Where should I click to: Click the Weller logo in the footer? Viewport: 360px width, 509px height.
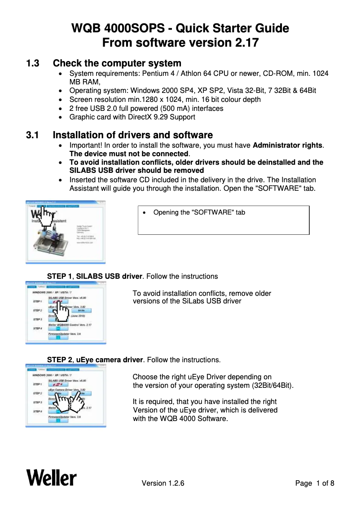(51, 477)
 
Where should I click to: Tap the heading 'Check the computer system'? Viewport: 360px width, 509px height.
(117, 63)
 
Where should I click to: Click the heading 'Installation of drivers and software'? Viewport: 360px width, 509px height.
(132, 135)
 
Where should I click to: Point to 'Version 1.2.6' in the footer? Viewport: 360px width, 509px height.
(163, 483)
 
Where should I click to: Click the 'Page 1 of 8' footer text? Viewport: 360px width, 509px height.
(314, 483)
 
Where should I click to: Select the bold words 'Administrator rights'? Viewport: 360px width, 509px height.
(288, 145)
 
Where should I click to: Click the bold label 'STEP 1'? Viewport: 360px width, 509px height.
(60, 276)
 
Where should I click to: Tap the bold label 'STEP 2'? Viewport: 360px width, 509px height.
(60, 360)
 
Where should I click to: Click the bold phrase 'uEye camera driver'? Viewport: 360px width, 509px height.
(109, 360)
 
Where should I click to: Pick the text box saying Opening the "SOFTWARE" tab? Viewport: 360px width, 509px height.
(223, 220)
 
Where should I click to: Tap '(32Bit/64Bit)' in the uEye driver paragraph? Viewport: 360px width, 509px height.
(271, 386)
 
